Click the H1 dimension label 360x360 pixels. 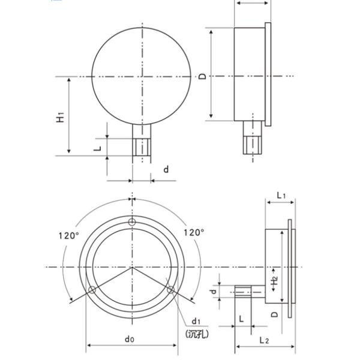(60, 116)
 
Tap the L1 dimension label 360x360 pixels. (281, 195)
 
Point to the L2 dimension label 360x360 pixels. (265, 340)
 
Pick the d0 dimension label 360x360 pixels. (130, 339)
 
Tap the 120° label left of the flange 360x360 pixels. (68, 235)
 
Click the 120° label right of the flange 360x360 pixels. (194, 232)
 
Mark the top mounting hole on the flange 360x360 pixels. (133, 223)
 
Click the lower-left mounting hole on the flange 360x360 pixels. (92, 290)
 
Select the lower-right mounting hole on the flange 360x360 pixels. (171, 290)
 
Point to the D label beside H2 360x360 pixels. (274, 313)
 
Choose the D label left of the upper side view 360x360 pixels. (203, 76)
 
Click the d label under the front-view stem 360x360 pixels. (166, 170)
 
